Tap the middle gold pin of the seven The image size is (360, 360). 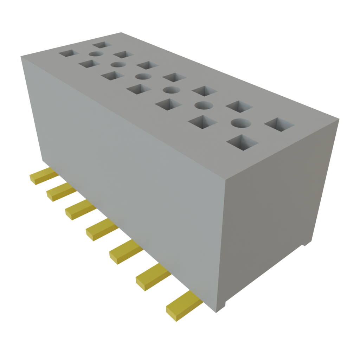(101, 230)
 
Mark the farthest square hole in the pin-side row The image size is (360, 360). (68, 53)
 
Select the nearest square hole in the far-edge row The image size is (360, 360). (279, 124)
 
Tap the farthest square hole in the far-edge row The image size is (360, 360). (102, 45)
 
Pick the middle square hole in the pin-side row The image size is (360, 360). (139, 89)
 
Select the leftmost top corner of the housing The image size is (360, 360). (21, 56)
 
